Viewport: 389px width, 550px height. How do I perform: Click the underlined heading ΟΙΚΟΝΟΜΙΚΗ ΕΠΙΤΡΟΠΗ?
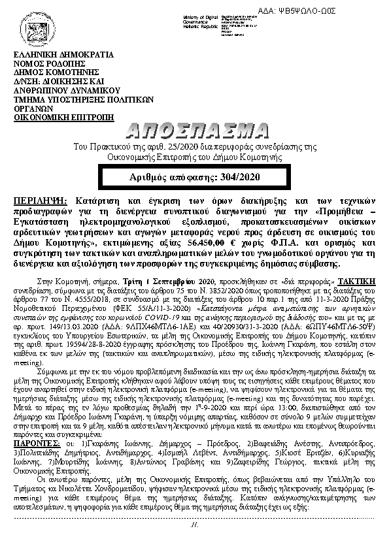64,118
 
